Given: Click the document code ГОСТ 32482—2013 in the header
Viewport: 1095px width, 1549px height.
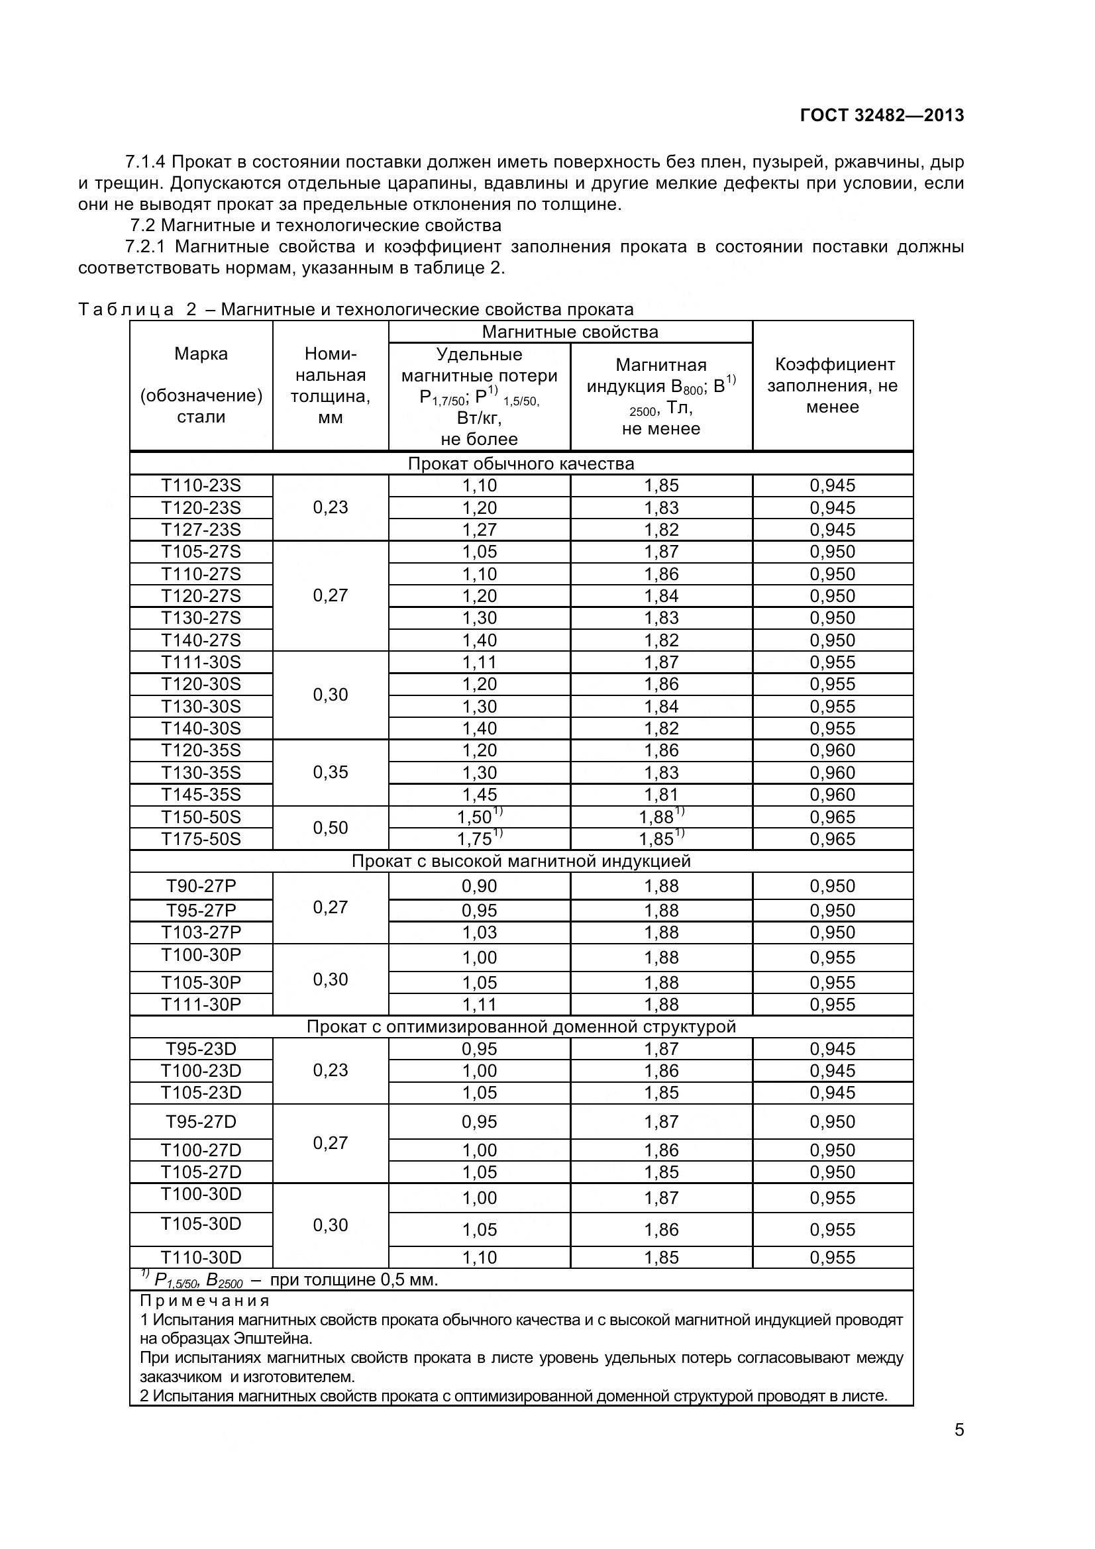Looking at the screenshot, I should click(x=881, y=115).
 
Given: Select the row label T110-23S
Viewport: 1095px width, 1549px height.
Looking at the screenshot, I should click(x=201, y=485).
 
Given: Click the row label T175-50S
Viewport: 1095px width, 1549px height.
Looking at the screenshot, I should click(x=201, y=838).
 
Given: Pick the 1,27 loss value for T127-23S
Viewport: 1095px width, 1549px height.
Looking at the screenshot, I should click(x=479, y=530).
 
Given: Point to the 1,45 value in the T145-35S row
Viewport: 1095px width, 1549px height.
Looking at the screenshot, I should click(x=479, y=795).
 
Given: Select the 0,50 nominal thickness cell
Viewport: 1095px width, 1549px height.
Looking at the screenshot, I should click(x=331, y=828).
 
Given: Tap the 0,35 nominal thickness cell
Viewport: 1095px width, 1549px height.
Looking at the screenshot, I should click(x=331, y=772).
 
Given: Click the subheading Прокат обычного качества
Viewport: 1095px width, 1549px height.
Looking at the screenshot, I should click(x=521, y=464).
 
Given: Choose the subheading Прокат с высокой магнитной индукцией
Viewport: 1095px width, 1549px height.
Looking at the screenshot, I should click(x=521, y=862).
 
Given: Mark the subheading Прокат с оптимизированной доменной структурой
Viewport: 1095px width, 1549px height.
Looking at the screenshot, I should click(x=521, y=1027).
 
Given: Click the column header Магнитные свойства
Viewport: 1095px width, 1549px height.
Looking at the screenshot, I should click(x=570, y=332).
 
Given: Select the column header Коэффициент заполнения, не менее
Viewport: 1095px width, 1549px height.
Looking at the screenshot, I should click(x=833, y=385).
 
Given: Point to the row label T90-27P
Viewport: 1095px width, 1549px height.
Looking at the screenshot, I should click(x=201, y=886).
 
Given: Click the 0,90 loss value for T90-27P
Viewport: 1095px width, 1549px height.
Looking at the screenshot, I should click(x=479, y=886).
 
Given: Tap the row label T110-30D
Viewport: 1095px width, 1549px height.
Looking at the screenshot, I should click(x=201, y=1258).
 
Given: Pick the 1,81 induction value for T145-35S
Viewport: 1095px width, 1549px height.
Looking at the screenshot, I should click(x=661, y=795).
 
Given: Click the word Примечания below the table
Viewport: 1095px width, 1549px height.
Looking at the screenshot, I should click(x=205, y=1301).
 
